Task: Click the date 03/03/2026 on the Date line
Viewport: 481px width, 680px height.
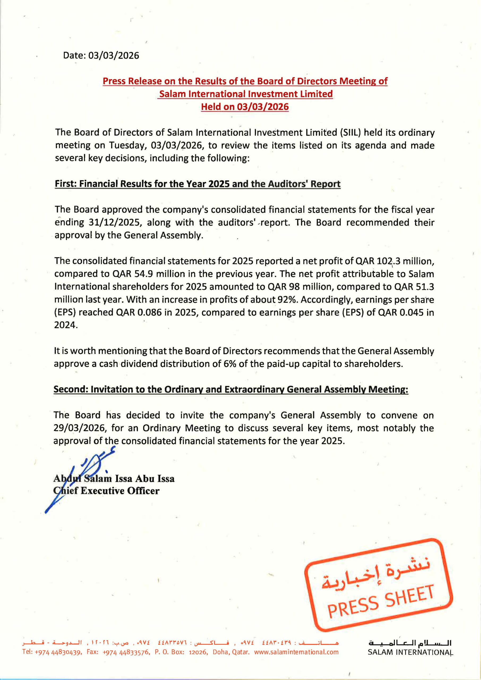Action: pos(113,56)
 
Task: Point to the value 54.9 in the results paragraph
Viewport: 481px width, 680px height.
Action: pos(143,274)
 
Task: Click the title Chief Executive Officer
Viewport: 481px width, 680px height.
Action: pos(106,491)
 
